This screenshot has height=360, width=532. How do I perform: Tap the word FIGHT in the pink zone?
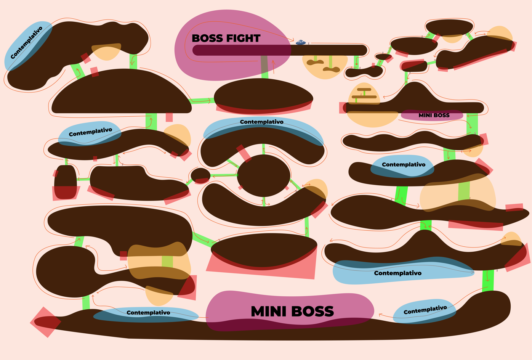tap(243, 39)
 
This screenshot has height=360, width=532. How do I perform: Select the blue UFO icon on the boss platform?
tap(300, 42)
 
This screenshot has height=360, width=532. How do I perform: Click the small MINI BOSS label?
tap(434, 115)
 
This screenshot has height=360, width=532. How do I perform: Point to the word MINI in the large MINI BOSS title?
tap(268, 312)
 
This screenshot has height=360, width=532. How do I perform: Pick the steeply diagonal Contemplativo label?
tap(26, 43)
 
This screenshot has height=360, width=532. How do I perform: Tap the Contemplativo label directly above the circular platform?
tap(261, 122)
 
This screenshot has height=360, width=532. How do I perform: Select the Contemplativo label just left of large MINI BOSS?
tap(148, 313)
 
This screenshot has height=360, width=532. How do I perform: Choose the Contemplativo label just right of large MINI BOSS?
tap(425, 310)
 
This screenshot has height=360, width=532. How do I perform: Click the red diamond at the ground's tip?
tap(46, 322)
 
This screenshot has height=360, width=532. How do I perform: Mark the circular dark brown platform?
tap(263, 175)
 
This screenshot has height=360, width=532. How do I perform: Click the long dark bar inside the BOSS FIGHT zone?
tap(280, 50)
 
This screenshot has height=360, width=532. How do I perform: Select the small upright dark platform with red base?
tap(66, 182)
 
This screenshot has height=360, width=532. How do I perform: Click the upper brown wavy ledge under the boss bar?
tap(315, 62)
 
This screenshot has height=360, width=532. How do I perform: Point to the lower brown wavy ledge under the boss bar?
tap(331, 69)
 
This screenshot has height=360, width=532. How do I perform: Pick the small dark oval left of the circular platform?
tap(200, 175)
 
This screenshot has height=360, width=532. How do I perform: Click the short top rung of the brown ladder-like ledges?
tap(364, 90)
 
